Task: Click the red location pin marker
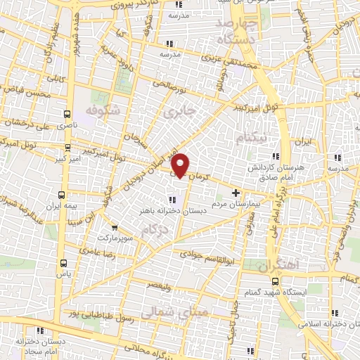click(181, 165)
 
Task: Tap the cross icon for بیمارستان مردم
click(236, 193)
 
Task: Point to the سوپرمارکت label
click(115, 229)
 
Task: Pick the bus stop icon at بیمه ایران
click(62, 194)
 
